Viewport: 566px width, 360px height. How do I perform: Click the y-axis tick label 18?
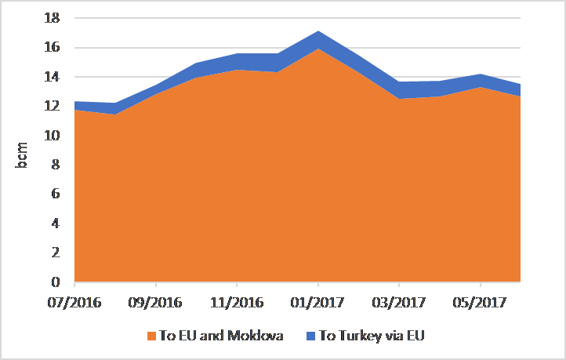tap(53, 18)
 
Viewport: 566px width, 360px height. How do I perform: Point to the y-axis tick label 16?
tap(53, 48)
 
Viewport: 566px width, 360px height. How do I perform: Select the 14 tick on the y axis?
tap(53, 77)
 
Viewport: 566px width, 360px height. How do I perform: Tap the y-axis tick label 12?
tap(53, 107)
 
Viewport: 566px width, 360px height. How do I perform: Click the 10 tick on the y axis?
tap(53, 136)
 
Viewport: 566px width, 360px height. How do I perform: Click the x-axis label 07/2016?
tap(75, 302)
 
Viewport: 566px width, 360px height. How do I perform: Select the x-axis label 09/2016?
tap(156, 302)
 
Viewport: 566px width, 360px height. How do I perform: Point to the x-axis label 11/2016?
tap(237, 302)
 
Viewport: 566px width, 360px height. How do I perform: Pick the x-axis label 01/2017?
tap(317, 302)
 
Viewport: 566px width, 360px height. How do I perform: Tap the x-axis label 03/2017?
tap(398, 302)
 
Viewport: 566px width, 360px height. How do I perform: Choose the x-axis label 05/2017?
tap(479, 302)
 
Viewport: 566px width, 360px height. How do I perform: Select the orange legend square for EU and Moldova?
tap(152, 336)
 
